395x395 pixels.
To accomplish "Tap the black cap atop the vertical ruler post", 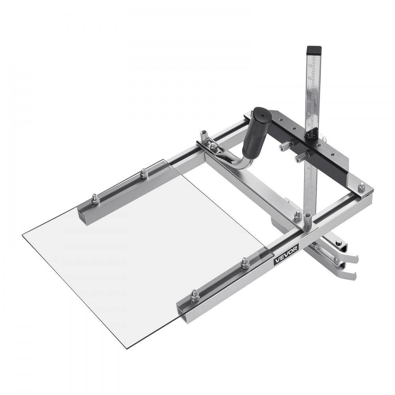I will click(313, 50).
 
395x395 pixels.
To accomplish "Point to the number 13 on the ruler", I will click(310, 65).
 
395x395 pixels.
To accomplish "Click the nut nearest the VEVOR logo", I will click(245, 262).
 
